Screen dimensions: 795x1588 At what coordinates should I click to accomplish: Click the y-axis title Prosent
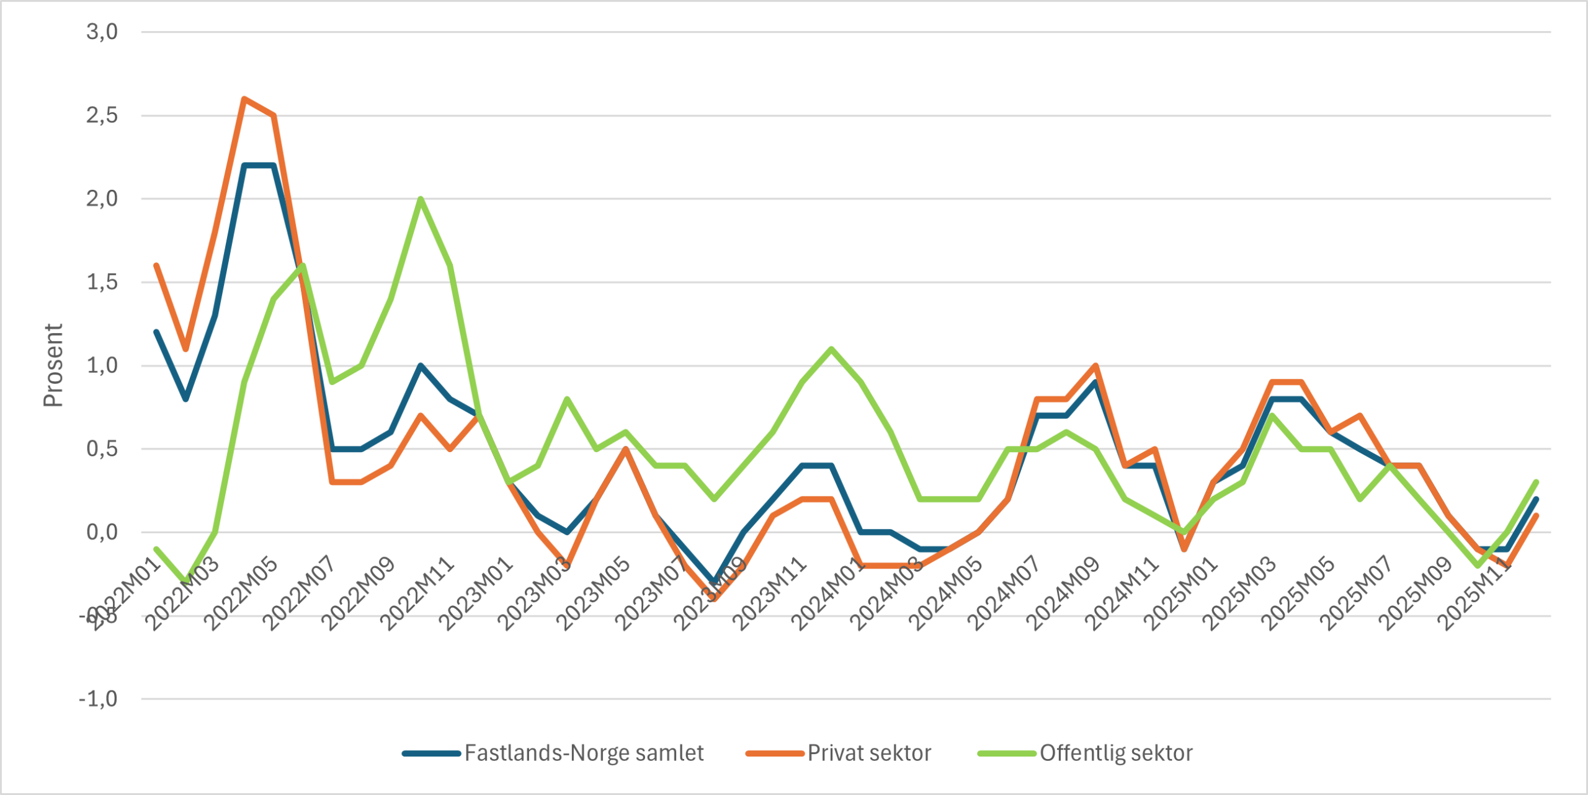pyautogui.click(x=53, y=365)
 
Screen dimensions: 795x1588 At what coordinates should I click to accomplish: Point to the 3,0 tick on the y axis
pyautogui.click(x=102, y=32)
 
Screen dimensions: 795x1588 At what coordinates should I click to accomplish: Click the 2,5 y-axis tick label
pyautogui.click(x=102, y=115)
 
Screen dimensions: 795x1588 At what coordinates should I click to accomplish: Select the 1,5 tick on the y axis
pyautogui.click(x=102, y=282)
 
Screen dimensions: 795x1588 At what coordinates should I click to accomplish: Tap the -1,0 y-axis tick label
pyautogui.click(x=98, y=699)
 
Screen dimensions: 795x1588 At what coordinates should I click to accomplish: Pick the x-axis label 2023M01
pyautogui.click(x=476, y=593)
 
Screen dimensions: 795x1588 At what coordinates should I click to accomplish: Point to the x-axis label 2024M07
pyautogui.click(x=1003, y=593)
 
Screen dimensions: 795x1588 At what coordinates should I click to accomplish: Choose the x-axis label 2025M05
pyautogui.click(x=1297, y=593)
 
